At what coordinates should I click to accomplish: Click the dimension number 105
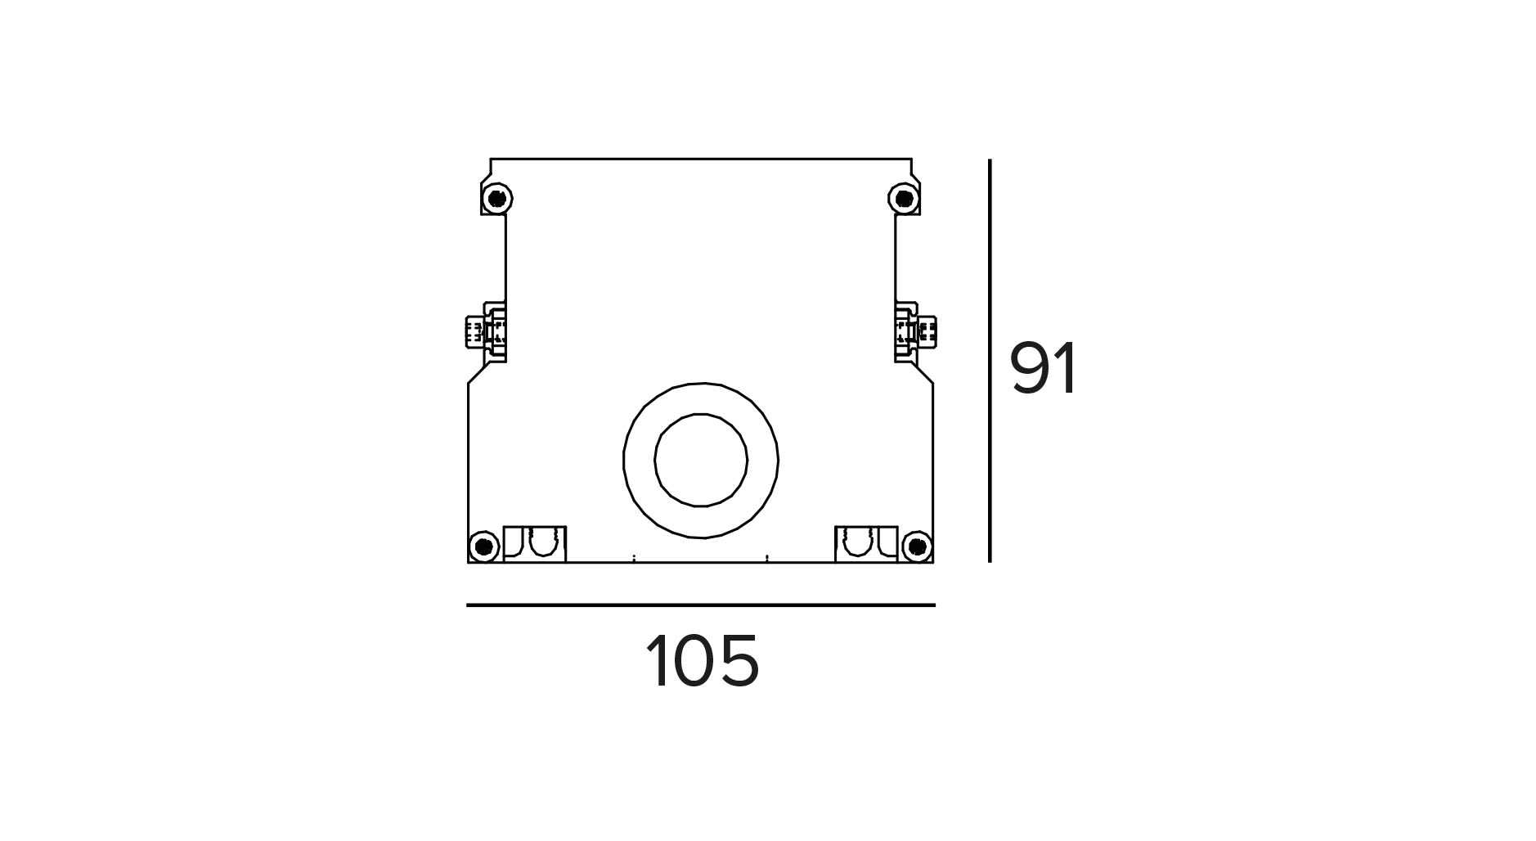tap(703, 661)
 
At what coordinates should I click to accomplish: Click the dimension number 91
tap(1044, 369)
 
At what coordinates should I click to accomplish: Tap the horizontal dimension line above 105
tap(701, 605)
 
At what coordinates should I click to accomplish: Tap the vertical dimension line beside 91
tap(990, 361)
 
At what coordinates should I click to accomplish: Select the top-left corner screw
tap(496, 198)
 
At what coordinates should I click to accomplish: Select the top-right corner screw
tap(904, 198)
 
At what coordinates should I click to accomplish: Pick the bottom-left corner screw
tap(484, 546)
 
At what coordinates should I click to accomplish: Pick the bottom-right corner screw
tap(917, 546)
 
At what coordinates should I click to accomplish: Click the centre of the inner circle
tap(701, 460)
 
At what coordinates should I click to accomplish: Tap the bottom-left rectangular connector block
tap(535, 544)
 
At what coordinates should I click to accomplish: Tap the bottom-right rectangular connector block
tap(866, 544)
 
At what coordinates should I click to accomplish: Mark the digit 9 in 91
tap(1031, 369)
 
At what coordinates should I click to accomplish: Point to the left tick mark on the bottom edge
tap(634, 560)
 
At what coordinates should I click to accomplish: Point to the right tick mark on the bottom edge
tap(767, 560)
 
